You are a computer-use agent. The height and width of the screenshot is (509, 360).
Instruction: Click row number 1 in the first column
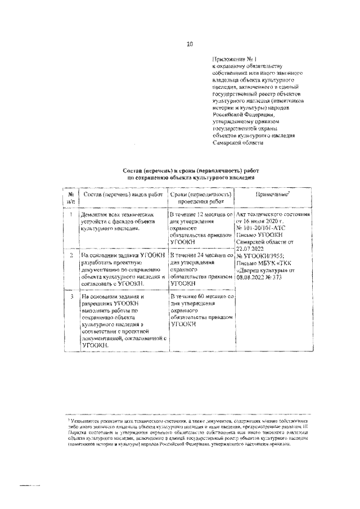(70, 215)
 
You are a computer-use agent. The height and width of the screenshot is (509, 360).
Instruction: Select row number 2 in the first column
(70, 255)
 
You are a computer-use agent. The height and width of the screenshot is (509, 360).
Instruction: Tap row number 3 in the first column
(70, 295)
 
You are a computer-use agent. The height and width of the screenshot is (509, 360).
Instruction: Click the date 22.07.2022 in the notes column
(250, 248)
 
